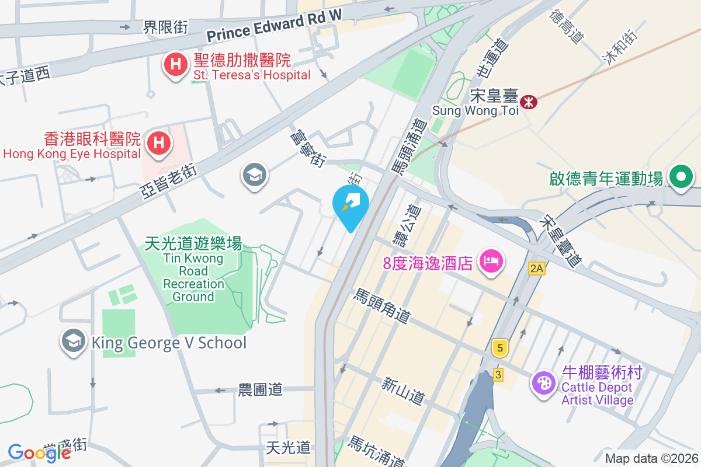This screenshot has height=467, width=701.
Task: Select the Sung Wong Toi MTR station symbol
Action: pyautogui.click(x=529, y=102)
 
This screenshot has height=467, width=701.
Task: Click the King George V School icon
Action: pyautogui.click(x=74, y=343)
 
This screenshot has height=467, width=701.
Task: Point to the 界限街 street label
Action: pyautogui.click(x=166, y=27)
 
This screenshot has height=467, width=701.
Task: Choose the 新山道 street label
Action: pyautogui.click(x=402, y=391)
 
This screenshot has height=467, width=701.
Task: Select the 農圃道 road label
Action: pyautogui.click(x=261, y=390)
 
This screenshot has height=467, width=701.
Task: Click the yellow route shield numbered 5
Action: pyautogui.click(x=499, y=348)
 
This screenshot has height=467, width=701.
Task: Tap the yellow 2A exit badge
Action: pyautogui.click(x=536, y=269)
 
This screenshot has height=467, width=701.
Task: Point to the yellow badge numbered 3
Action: pyautogui.click(x=498, y=375)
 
